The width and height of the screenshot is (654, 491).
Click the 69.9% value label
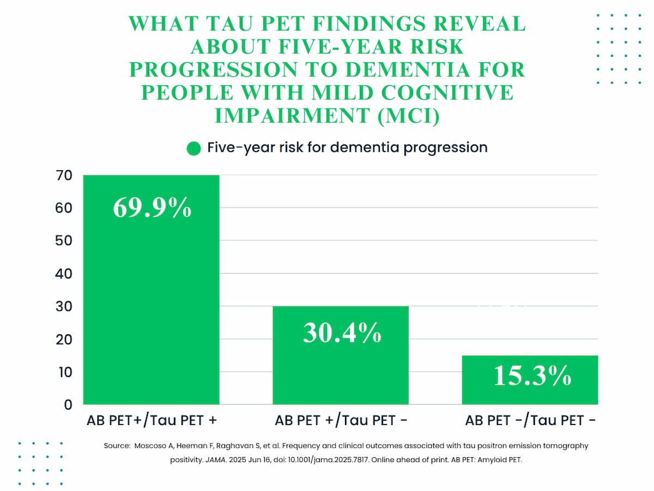[x=152, y=208]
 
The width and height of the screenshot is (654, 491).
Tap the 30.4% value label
[x=342, y=332]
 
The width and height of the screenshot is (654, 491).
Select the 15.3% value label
[x=532, y=375]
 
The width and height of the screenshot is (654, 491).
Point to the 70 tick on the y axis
[x=63, y=176]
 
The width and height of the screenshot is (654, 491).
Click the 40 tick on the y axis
[x=63, y=274]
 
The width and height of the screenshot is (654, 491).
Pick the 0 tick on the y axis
[x=68, y=405]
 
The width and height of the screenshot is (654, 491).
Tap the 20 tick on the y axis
[x=63, y=339]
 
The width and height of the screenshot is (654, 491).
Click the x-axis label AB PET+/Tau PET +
[x=152, y=421]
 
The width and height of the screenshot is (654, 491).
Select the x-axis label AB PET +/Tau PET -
[x=341, y=421]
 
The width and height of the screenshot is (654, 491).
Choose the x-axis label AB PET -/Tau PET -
[x=530, y=421]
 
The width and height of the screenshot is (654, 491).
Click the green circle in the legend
[x=193, y=148]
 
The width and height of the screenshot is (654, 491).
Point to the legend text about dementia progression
[x=347, y=148]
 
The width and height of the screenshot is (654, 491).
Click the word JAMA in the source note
[x=212, y=459]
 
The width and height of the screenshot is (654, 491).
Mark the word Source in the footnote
[x=116, y=446]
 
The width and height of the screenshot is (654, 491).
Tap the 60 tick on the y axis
[x=63, y=208]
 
